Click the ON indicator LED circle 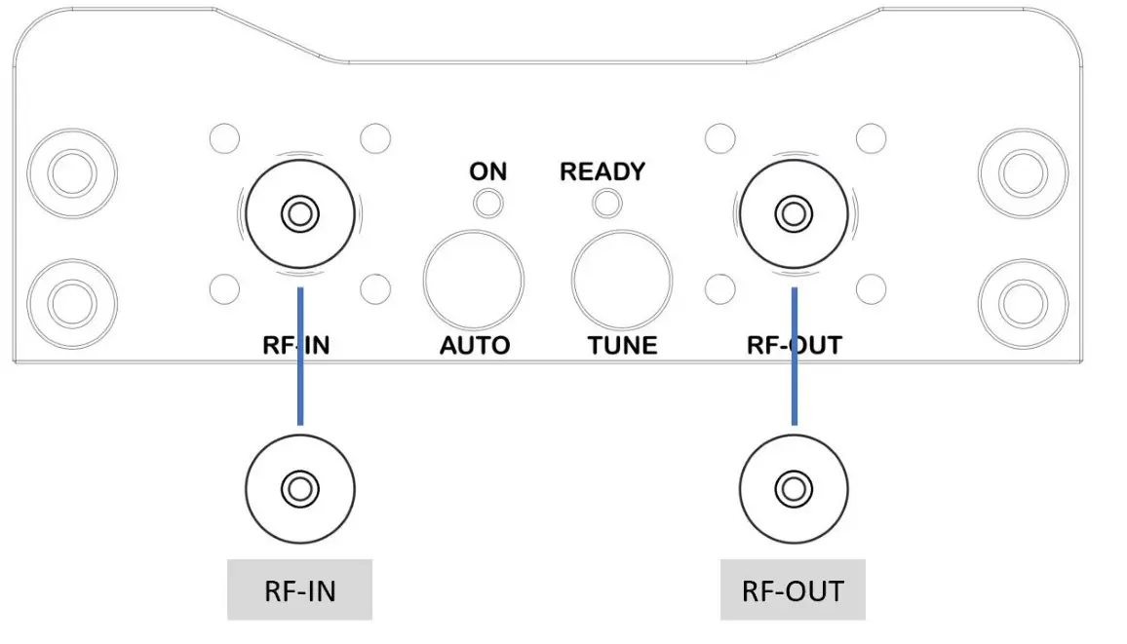coord(488,204)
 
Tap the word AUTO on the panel coord(475,345)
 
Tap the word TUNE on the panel coord(622,345)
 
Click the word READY coord(602,171)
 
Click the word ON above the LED coord(487,171)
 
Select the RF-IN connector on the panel coord(300,212)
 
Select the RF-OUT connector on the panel coord(795,212)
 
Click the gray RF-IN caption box coord(299,589)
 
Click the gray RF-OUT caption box coord(793,589)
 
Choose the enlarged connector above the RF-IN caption coord(300,486)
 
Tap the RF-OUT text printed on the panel coord(795,344)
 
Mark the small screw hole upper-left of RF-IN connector coord(224,138)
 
